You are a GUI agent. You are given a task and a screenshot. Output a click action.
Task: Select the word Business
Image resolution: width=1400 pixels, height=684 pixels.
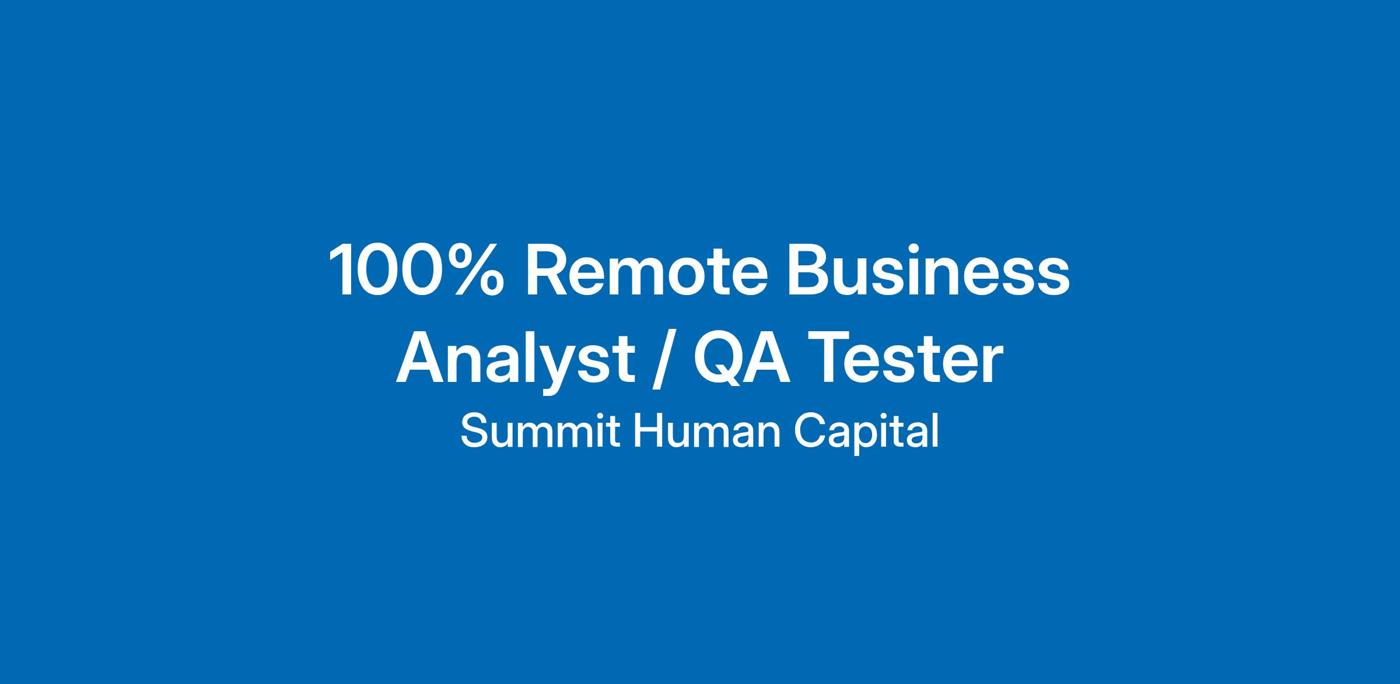point(929,270)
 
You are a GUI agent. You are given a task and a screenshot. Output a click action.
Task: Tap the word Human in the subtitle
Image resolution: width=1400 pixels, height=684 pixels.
point(707,431)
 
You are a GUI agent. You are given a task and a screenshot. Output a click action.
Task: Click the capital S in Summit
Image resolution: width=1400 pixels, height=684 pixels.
point(474,431)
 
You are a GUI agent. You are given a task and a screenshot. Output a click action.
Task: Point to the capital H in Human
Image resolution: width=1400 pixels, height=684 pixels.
point(647,431)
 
